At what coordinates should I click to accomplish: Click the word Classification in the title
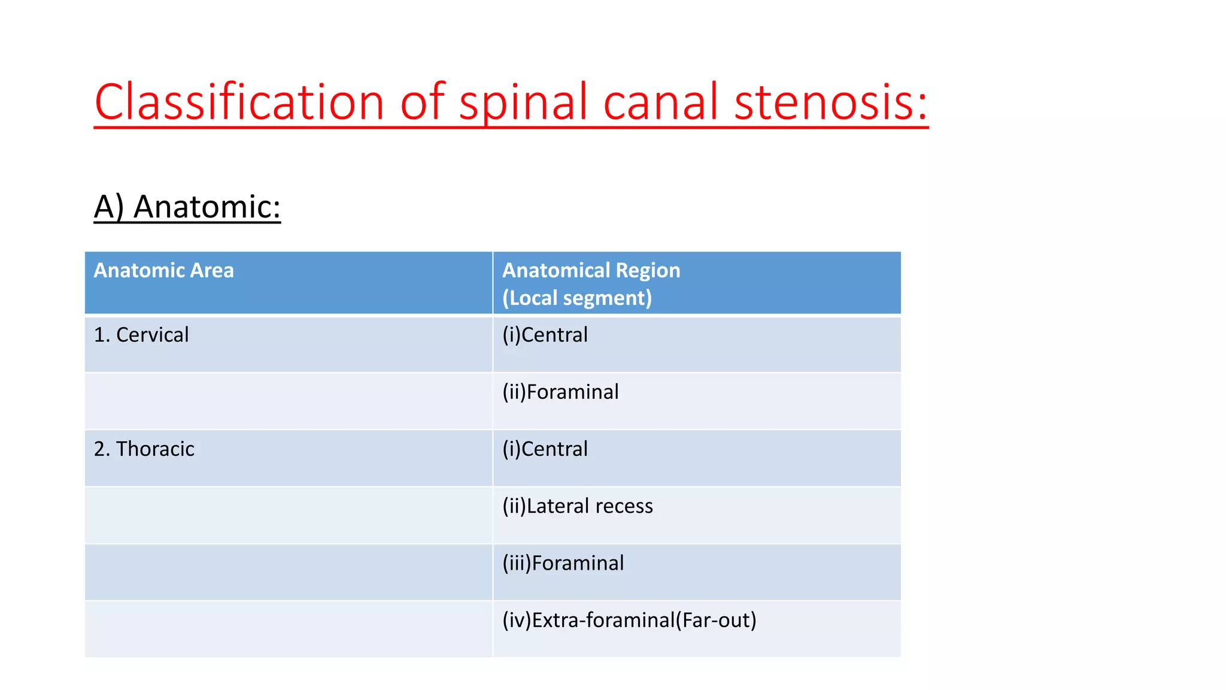(239, 102)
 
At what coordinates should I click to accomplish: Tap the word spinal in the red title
(523, 102)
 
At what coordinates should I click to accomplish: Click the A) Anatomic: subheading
(187, 207)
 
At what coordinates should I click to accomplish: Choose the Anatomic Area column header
(163, 271)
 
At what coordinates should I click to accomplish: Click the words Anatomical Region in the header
(591, 271)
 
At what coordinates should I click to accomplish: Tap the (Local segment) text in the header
(576, 298)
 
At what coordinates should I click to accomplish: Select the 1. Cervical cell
(141, 335)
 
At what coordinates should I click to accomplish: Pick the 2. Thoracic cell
(144, 449)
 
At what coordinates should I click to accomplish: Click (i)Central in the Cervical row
(545, 335)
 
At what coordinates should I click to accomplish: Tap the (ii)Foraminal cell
(560, 392)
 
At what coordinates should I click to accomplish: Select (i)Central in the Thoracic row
(545, 449)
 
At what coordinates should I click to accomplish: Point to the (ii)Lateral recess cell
(578, 506)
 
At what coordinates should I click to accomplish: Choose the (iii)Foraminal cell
(563, 563)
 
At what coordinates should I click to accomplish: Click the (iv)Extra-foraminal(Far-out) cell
(629, 620)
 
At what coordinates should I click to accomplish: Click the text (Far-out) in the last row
(716, 620)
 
